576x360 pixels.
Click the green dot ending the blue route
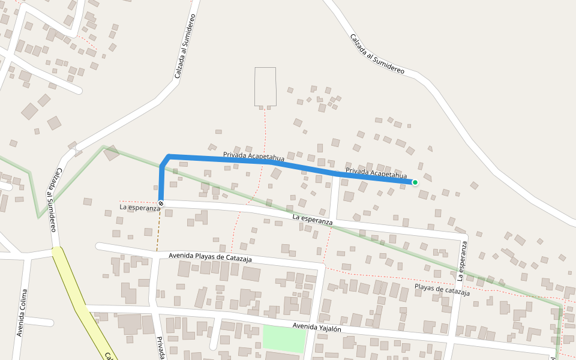415,182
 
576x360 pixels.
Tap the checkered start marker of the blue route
161,203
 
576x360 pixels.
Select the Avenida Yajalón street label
317,328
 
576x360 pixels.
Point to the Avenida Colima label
23,313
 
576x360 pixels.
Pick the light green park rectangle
284,338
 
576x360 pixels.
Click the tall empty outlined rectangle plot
265,87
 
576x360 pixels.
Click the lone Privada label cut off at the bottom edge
161,348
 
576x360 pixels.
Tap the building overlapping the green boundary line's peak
111,153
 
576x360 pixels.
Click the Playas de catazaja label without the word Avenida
442,290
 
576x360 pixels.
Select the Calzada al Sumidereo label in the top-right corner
377,53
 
